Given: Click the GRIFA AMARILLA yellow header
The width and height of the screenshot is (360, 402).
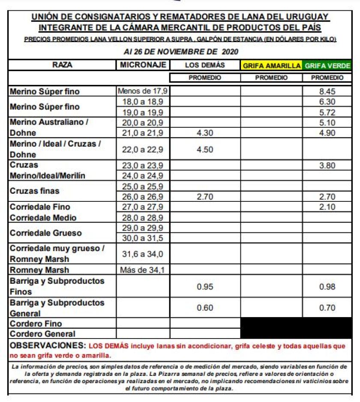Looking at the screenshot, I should (x=271, y=66).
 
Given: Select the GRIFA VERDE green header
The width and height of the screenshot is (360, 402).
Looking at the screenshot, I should (x=328, y=66).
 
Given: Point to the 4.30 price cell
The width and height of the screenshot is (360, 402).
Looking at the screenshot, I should (x=205, y=133).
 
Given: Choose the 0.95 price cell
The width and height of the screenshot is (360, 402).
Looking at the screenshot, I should (x=205, y=287).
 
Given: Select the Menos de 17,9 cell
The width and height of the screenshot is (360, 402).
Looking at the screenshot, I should (x=143, y=91).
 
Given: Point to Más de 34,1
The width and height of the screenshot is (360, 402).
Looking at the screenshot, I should (x=143, y=270).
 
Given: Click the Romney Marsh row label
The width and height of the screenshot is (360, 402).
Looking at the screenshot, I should (x=39, y=270).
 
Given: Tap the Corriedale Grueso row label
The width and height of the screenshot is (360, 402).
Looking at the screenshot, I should (x=45, y=233).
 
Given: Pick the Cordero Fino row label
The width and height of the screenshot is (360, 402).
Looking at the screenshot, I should (x=36, y=324).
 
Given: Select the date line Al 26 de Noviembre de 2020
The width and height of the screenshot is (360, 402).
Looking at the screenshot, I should (x=180, y=52).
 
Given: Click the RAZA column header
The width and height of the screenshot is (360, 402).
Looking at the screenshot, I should (x=63, y=66).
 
